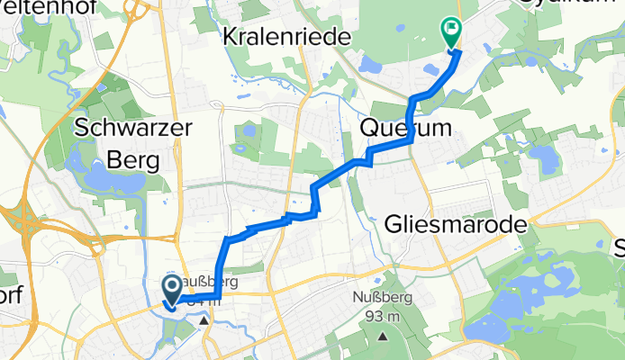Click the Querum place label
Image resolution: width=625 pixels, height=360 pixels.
pos(405,129)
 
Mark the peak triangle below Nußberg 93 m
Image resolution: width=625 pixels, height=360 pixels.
pos(385,337)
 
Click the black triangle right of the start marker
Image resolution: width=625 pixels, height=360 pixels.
pos(204,319)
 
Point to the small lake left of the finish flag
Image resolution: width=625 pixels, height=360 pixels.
pos(371,65)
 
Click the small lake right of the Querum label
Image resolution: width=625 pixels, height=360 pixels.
pos(543,158)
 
